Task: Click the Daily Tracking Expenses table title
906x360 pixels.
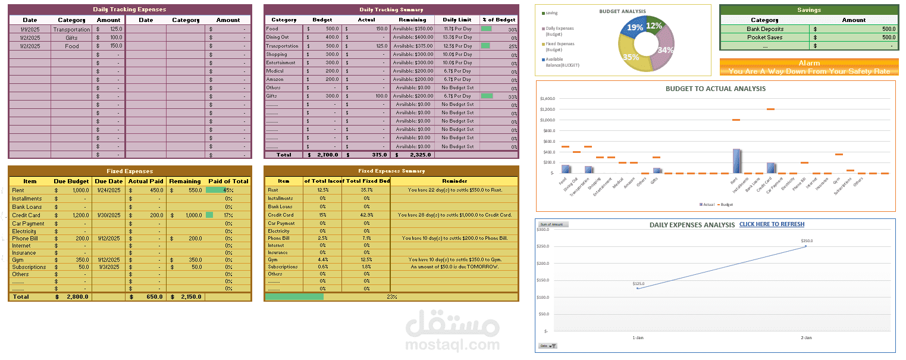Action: click(x=129, y=10)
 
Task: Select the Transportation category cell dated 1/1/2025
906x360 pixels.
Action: click(x=71, y=29)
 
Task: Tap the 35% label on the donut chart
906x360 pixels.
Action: click(x=631, y=57)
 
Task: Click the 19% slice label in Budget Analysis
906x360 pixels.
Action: click(x=635, y=27)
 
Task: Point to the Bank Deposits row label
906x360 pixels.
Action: click(x=764, y=29)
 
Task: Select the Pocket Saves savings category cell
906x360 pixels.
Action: click(x=764, y=37)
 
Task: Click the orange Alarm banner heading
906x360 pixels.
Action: click(x=808, y=62)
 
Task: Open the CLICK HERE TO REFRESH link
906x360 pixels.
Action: click(x=772, y=224)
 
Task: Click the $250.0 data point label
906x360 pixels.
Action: click(x=806, y=241)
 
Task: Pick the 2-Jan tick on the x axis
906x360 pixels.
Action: click(x=806, y=337)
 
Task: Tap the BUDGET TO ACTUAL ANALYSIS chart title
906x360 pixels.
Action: click(x=715, y=89)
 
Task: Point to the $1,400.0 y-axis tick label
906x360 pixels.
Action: click(x=547, y=99)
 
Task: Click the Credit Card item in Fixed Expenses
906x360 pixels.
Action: click(x=26, y=215)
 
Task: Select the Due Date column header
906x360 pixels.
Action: click(x=108, y=181)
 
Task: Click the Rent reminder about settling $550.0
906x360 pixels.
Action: click(x=454, y=190)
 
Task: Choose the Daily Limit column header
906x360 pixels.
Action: click(x=457, y=20)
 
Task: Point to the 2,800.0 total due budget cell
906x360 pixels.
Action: click(x=77, y=296)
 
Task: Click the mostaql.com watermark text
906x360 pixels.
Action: click(x=452, y=344)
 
